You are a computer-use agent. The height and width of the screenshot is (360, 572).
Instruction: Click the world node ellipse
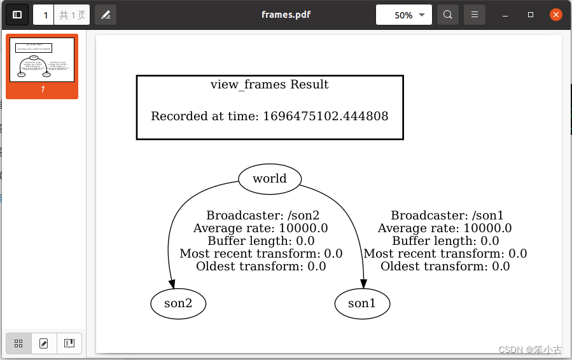point(269,179)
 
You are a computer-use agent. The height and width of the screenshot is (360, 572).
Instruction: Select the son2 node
point(178,303)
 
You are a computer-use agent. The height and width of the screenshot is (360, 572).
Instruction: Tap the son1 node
point(362,303)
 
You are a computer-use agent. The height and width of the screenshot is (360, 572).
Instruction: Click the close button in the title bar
point(555,15)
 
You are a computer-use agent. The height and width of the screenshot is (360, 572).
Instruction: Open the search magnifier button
point(448,15)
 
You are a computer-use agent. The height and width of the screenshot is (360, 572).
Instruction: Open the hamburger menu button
point(474,15)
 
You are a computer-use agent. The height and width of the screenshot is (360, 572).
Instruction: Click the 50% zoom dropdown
point(404,15)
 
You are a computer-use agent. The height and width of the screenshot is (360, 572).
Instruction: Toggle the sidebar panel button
point(17,15)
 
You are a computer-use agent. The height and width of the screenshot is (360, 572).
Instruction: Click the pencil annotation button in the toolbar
point(106,15)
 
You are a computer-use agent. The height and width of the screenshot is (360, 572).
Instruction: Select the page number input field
point(45,15)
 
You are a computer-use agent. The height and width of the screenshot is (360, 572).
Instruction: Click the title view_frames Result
point(269,85)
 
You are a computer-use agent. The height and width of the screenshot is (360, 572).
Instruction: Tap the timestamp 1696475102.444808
point(325,116)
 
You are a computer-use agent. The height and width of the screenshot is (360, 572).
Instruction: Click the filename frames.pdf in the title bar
point(286,15)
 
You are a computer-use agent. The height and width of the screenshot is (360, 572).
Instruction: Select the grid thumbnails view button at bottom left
point(18,343)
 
